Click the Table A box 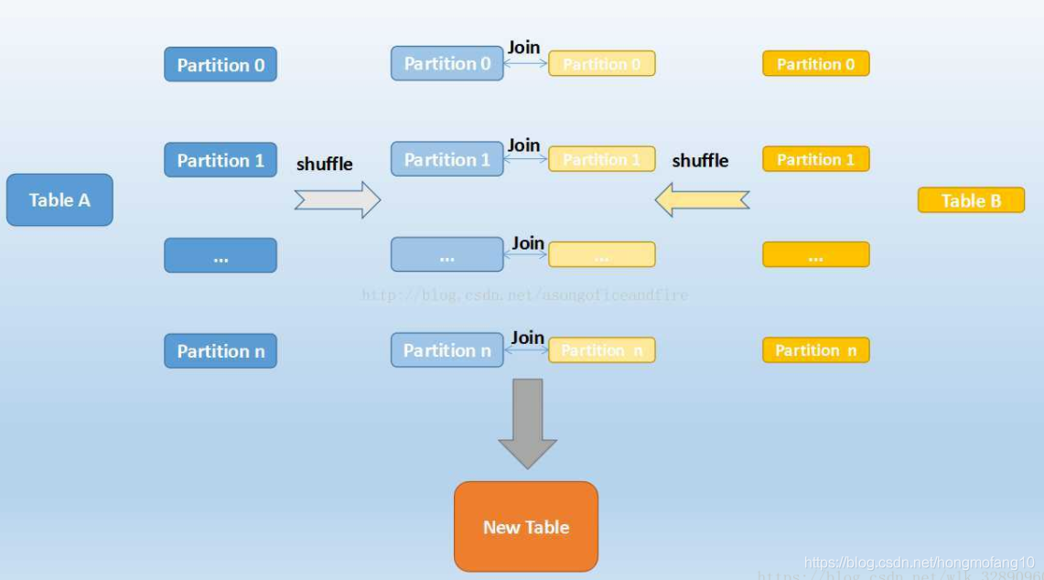click(x=59, y=199)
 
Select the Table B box click(x=971, y=200)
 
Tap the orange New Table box click(x=526, y=527)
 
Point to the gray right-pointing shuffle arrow click(x=337, y=199)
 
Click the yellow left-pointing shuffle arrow click(x=702, y=199)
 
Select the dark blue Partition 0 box click(x=221, y=65)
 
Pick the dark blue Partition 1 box click(x=221, y=160)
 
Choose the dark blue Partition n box click(x=221, y=350)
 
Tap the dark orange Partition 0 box click(x=815, y=64)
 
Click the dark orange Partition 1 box click(x=815, y=159)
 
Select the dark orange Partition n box click(x=815, y=350)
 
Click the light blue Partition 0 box click(x=447, y=63)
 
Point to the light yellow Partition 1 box click(x=601, y=159)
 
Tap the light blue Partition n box click(x=447, y=350)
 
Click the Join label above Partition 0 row click(x=524, y=47)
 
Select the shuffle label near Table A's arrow click(x=324, y=164)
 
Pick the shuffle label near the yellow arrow click(x=700, y=160)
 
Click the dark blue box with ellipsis click(x=221, y=255)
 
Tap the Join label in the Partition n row click(x=527, y=338)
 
